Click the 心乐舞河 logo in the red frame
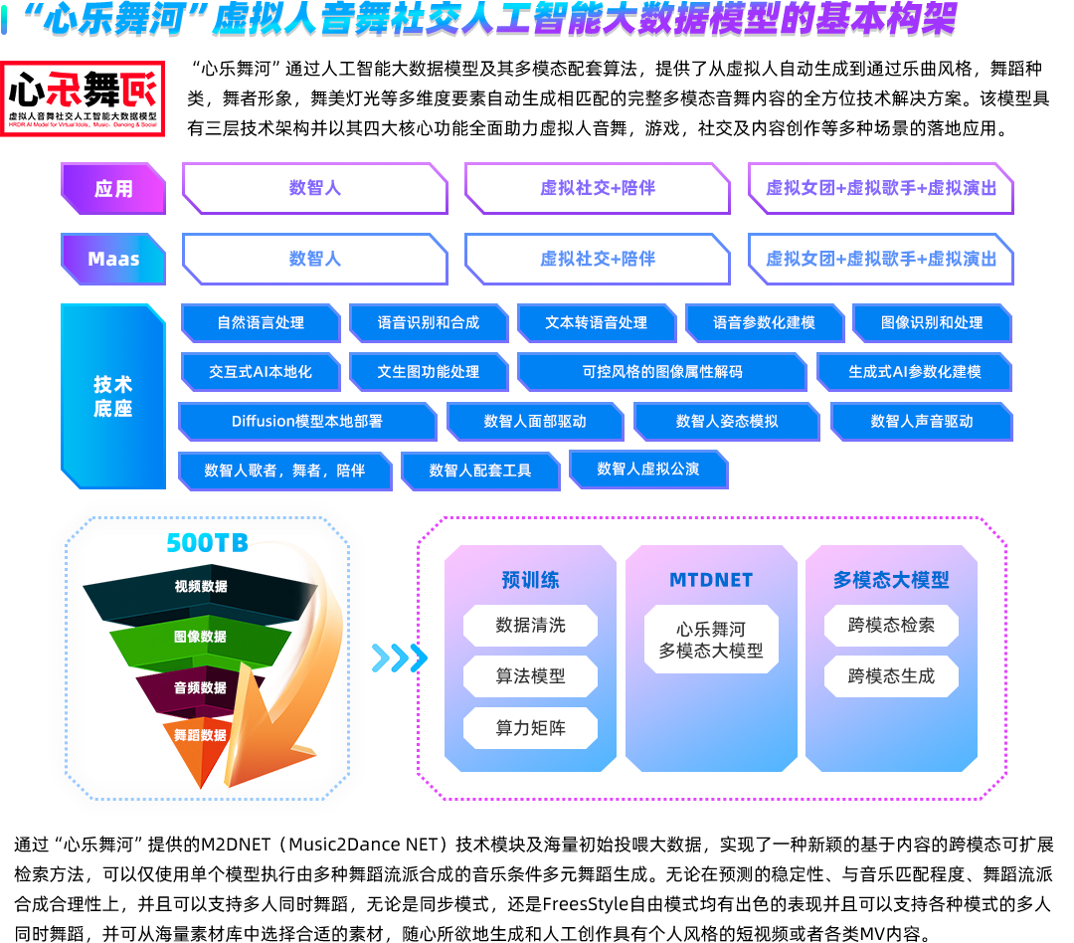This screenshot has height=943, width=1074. click(83, 98)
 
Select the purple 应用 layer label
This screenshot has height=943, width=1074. click(113, 188)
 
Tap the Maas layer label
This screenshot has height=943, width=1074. click(113, 259)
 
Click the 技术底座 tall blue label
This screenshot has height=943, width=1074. click(113, 396)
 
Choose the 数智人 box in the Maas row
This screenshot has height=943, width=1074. click(315, 259)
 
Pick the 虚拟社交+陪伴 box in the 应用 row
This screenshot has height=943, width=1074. click(598, 188)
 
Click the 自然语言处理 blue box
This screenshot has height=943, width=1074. click(261, 322)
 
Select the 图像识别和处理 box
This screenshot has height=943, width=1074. click(932, 322)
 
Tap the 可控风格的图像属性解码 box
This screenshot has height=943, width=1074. click(661, 372)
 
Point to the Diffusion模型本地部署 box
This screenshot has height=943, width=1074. click(307, 422)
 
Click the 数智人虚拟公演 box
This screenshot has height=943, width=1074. click(648, 470)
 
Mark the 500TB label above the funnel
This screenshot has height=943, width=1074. click(208, 543)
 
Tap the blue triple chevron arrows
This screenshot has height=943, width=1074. click(400, 658)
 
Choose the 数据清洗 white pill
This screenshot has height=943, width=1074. click(530, 625)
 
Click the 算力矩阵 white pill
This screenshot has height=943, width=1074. click(530, 728)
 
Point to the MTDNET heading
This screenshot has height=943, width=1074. click(711, 581)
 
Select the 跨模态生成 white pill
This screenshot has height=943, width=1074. click(891, 676)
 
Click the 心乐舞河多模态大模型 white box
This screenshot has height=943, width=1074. click(711, 640)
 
